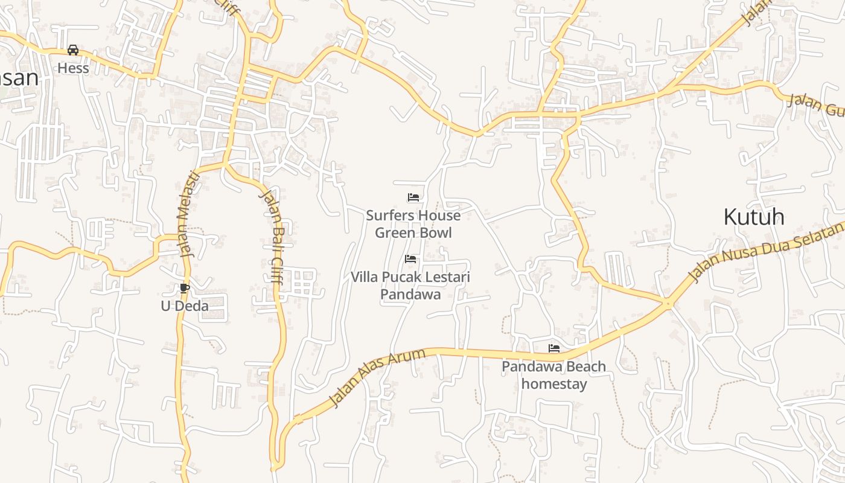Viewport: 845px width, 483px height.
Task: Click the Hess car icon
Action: pyautogui.click(x=73, y=50)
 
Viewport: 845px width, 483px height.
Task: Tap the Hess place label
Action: pyautogui.click(x=73, y=68)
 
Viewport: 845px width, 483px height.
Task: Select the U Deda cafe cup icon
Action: pyautogui.click(x=185, y=288)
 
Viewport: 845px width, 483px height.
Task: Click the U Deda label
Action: pyautogui.click(x=185, y=306)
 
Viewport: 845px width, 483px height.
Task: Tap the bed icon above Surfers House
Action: pyautogui.click(x=413, y=197)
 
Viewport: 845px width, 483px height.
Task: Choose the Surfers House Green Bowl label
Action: pyautogui.click(x=413, y=224)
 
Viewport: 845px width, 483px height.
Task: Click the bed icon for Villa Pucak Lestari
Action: pyautogui.click(x=410, y=259)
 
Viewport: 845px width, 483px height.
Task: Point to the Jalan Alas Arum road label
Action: pyautogui.click(x=377, y=377)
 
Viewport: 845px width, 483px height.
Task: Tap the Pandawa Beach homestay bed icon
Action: pyautogui.click(x=554, y=348)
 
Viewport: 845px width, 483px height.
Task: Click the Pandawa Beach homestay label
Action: pyautogui.click(x=554, y=375)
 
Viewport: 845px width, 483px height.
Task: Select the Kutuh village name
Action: pyautogui.click(x=754, y=217)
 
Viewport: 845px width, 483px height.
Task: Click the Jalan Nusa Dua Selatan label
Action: pyautogui.click(x=767, y=252)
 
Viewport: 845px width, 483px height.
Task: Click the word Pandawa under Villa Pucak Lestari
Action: pyautogui.click(x=410, y=295)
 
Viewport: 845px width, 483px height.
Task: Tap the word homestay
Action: pyautogui.click(x=554, y=384)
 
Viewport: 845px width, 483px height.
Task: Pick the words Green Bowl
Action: pyautogui.click(x=413, y=233)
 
